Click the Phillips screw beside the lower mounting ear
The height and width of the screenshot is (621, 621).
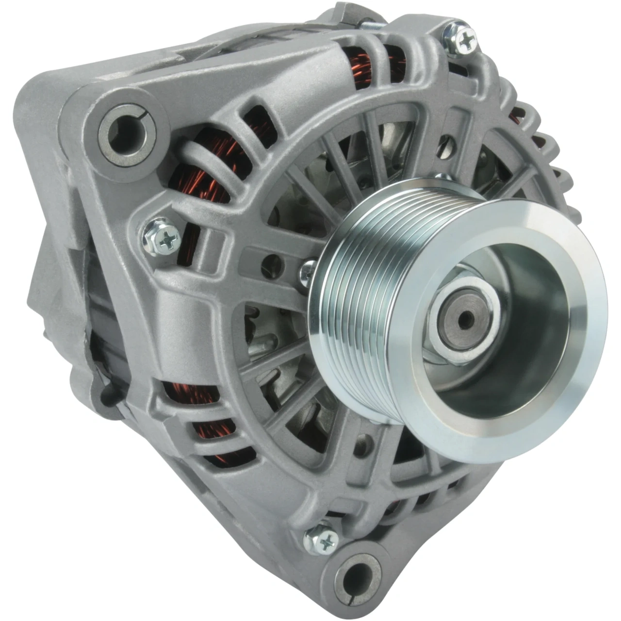(321, 538)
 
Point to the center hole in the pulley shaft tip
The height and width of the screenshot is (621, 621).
(466, 319)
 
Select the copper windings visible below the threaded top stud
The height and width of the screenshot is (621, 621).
(361, 68)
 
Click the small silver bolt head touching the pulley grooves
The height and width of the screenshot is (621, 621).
(308, 271)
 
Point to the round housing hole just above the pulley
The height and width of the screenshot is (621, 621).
(445, 144)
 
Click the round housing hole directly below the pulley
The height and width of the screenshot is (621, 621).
(362, 444)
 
